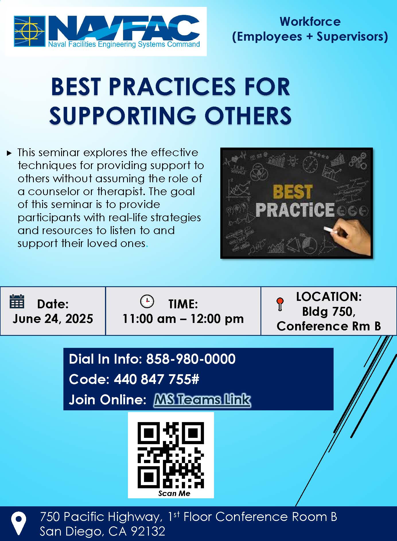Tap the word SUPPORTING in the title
click(123, 116)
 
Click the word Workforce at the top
click(310, 21)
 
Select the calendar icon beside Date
click(17, 301)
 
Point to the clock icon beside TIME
click(147, 301)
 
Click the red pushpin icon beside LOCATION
click(280, 304)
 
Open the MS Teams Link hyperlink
click(202, 399)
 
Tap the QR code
click(171, 455)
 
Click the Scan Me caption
click(174, 493)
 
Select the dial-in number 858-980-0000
click(191, 359)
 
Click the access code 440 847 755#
click(156, 379)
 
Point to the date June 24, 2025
click(53, 319)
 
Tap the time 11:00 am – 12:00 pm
click(183, 319)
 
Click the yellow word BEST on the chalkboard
click(292, 192)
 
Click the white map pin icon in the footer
click(19, 524)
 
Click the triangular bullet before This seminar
click(9, 153)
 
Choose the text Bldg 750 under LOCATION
click(329, 311)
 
